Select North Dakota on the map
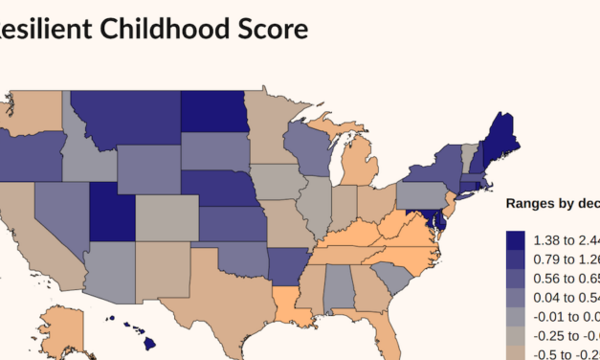pyautogui.click(x=211, y=112)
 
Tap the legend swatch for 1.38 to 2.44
pyautogui.click(x=516, y=239)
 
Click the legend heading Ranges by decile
pyautogui.click(x=551, y=203)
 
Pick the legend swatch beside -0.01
pyautogui.click(x=516, y=316)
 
